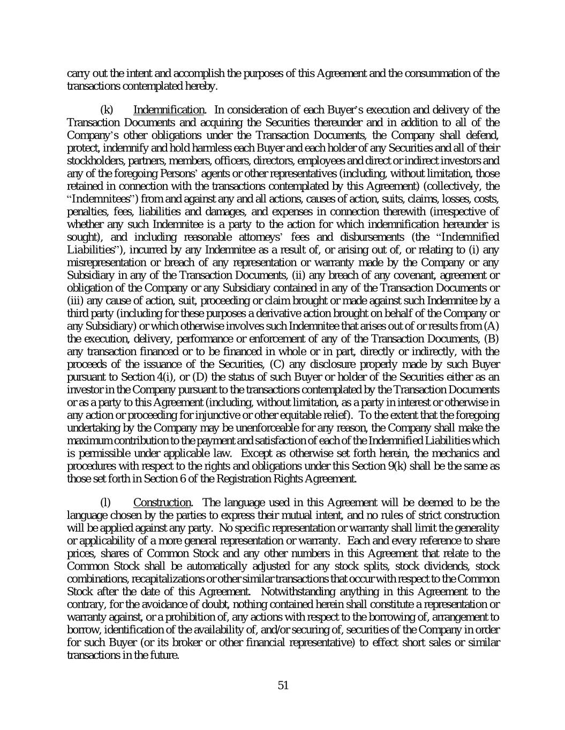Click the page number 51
[283, 685]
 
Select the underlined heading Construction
[162, 503]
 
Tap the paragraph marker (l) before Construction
[106, 503]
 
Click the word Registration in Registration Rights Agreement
[266, 479]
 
